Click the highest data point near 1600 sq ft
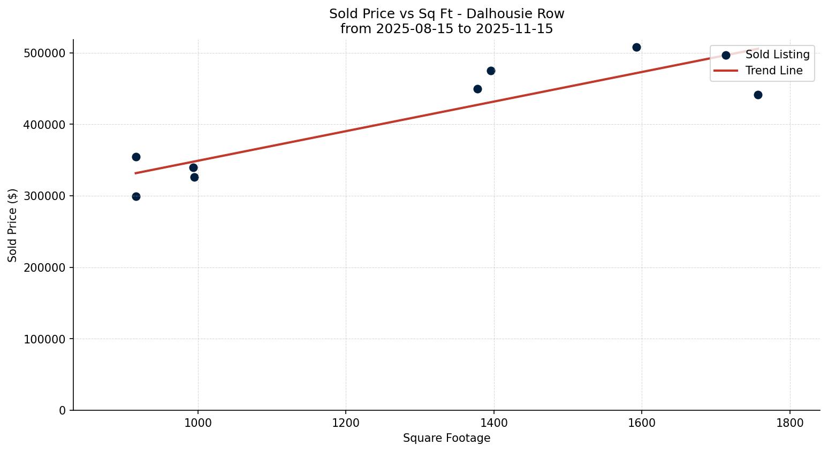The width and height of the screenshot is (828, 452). click(x=636, y=47)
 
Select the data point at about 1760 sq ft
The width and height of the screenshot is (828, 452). click(x=758, y=95)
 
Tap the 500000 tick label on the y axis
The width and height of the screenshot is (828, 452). click(x=45, y=53)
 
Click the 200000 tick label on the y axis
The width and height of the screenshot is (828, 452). click(x=45, y=267)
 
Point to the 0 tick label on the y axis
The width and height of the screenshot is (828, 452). click(x=63, y=410)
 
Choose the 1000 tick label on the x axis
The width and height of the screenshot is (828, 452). click(x=198, y=423)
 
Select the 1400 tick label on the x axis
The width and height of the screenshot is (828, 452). click(x=493, y=423)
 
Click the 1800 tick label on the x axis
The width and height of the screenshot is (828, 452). click(x=790, y=423)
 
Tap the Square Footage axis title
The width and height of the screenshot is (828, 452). click(x=446, y=439)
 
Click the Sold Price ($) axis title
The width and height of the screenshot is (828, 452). click(x=13, y=225)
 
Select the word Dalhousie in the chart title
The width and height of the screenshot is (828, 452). click(x=491, y=14)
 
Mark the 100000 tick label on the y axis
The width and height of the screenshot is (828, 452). click(x=45, y=339)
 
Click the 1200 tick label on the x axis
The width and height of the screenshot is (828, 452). click(x=346, y=423)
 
